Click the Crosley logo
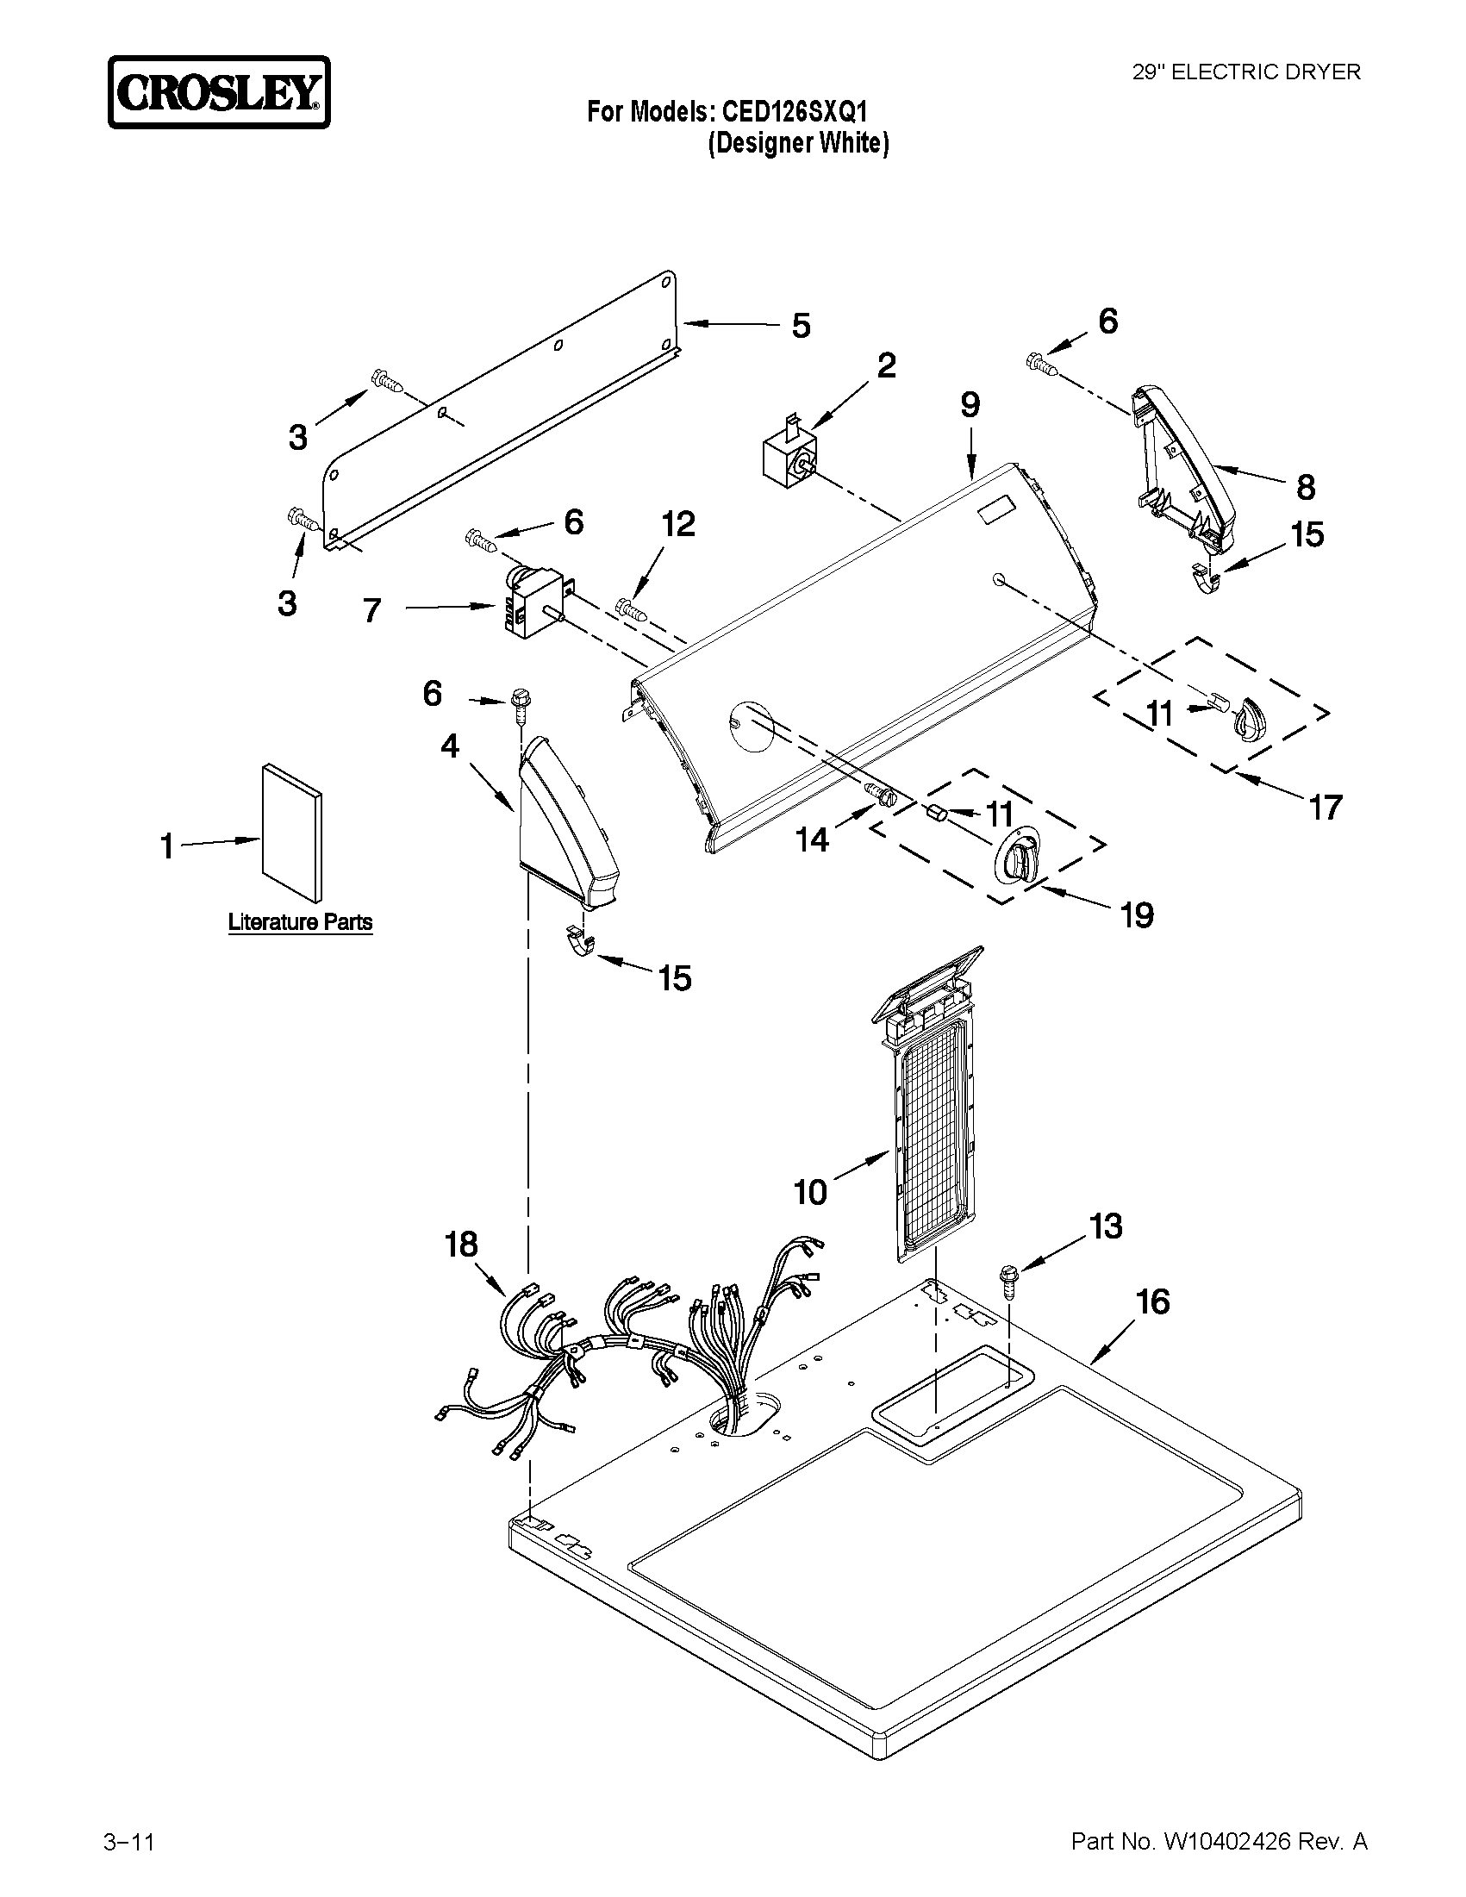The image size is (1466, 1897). (x=219, y=93)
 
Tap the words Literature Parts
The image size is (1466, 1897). (x=301, y=921)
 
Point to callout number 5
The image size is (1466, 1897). (x=801, y=326)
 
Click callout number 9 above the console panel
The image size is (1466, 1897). (x=970, y=405)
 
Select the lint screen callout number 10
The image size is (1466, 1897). (x=810, y=1192)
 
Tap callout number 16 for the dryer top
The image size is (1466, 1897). (x=1153, y=1301)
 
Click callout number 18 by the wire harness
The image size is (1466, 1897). (x=461, y=1245)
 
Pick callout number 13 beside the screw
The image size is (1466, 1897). (x=1106, y=1226)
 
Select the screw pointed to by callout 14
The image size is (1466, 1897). (x=881, y=794)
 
